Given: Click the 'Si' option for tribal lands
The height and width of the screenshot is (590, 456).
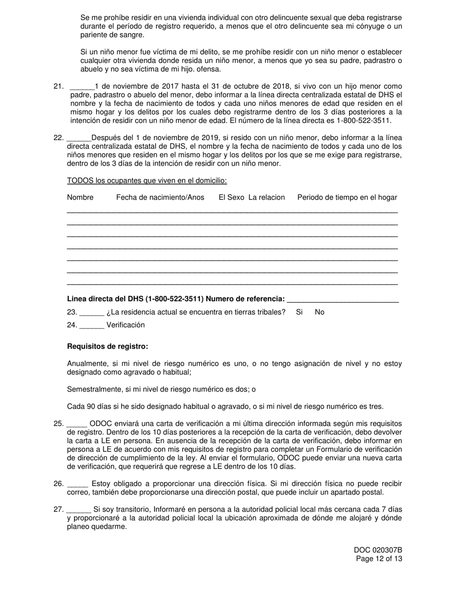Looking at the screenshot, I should click(x=299, y=312).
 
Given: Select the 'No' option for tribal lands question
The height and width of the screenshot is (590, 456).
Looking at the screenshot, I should click(x=320, y=312).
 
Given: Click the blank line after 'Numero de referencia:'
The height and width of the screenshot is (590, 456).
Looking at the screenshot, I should click(x=342, y=299).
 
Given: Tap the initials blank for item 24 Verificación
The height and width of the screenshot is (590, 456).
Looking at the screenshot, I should click(x=92, y=325).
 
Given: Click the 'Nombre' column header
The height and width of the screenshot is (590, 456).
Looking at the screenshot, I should click(x=80, y=198).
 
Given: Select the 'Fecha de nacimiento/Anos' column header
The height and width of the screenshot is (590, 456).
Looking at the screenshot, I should click(x=160, y=198).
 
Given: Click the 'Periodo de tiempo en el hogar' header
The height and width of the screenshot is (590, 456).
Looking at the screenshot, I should click(x=347, y=198).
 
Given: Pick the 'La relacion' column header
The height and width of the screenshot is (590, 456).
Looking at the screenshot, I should click(x=266, y=198).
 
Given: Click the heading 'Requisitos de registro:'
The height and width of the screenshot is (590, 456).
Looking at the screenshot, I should click(x=108, y=346).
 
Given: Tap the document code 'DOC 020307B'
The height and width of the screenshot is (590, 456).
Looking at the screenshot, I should click(x=378, y=550).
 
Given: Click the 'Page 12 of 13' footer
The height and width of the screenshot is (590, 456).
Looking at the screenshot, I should click(x=379, y=559).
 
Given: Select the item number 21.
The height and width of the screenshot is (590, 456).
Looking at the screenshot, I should click(x=59, y=86).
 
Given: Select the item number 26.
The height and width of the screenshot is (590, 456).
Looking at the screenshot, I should click(x=59, y=484).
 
